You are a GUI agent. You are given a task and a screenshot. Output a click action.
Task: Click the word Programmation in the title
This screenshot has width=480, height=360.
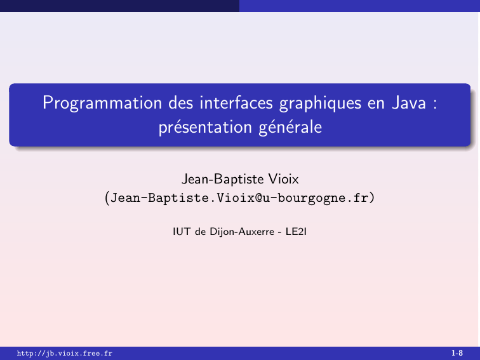(x=102, y=103)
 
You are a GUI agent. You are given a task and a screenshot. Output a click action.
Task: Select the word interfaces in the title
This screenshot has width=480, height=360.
(x=236, y=102)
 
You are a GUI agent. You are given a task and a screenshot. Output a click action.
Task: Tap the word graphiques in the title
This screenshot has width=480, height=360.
(x=320, y=103)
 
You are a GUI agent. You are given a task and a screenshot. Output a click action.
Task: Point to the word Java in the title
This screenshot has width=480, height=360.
(x=409, y=103)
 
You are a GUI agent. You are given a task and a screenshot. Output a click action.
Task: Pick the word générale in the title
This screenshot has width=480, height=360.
(x=290, y=128)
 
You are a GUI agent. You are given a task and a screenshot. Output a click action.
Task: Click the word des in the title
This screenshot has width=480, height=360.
(x=180, y=102)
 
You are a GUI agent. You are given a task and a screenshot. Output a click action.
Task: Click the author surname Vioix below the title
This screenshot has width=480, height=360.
(x=283, y=179)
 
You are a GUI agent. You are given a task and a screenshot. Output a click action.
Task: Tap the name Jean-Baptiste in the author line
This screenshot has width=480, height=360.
(x=223, y=180)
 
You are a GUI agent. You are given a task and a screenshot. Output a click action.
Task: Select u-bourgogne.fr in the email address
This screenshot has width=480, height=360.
(x=315, y=198)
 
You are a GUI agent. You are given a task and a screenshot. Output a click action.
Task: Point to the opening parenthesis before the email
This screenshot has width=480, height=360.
(x=107, y=198)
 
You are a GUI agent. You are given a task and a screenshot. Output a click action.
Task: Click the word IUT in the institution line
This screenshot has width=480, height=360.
(x=181, y=231)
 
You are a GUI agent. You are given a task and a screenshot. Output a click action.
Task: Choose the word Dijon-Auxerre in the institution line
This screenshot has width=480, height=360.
(x=242, y=232)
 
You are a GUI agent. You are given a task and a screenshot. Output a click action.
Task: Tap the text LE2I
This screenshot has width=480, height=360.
(x=296, y=231)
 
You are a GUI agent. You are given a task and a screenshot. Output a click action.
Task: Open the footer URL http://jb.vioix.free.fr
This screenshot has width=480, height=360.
(x=65, y=354)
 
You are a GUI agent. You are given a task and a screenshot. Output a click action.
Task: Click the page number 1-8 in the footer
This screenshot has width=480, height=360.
(x=457, y=353)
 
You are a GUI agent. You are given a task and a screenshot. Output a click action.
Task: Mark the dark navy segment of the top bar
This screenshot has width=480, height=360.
(x=120, y=6)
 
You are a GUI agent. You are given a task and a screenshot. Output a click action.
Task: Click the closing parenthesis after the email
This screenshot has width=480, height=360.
(x=371, y=198)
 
